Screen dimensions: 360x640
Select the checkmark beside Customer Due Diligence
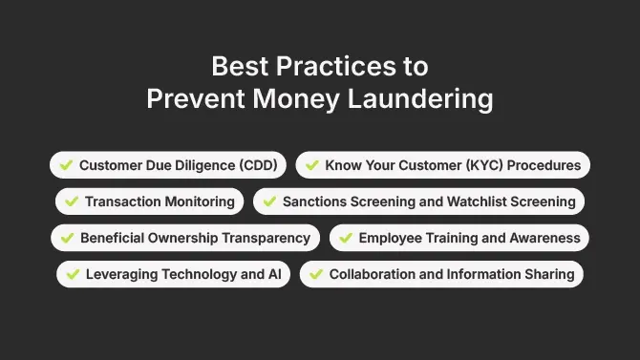(66, 165)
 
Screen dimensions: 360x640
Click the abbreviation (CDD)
(256, 165)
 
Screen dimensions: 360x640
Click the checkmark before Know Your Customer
(311, 165)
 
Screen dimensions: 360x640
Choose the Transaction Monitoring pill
(149, 201)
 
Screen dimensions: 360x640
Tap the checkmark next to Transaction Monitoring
(72, 201)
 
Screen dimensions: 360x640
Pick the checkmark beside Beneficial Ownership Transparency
(67, 238)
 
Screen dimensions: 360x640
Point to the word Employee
(388, 238)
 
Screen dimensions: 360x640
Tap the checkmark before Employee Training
(345, 238)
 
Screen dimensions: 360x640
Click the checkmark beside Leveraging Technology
(73, 274)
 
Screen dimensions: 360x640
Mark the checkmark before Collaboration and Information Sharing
(316, 274)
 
